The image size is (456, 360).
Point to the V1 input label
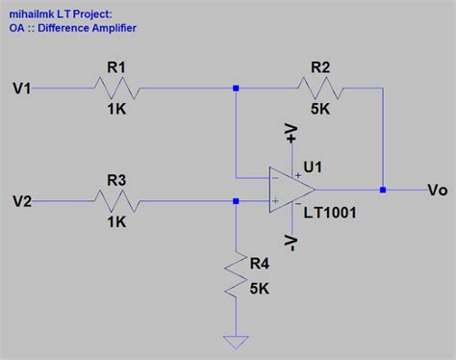point(22,89)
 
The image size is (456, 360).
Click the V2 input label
point(22,201)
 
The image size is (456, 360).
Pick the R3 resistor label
point(116,179)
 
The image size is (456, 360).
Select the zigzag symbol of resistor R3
point(116,201)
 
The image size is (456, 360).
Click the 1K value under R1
point(116,110)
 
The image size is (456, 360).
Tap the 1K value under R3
point(116,221)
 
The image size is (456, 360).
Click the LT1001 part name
point(330,212)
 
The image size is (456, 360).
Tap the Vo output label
point(438,191)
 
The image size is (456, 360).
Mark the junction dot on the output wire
point(383,190)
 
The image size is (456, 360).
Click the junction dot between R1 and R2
point(236,89)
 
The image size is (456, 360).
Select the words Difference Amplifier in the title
point(86,29)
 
